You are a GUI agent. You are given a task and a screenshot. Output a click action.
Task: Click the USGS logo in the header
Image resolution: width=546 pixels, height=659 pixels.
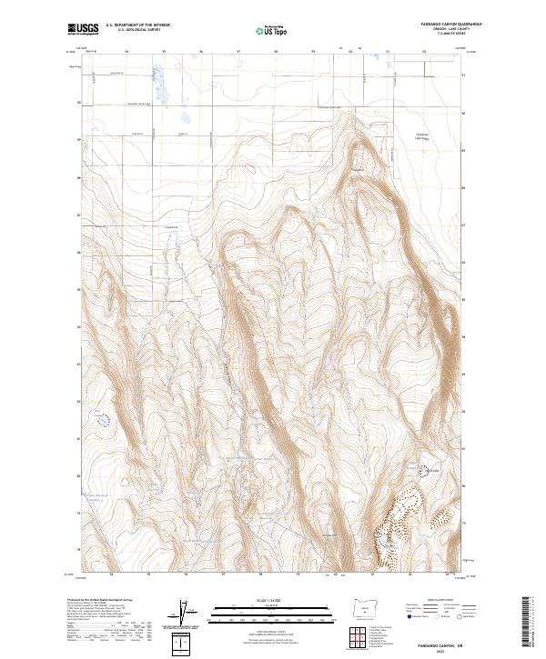[x=84, y=29]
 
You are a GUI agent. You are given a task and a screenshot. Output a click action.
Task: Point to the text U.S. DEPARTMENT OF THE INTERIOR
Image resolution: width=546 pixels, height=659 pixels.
[x=137, y=26]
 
